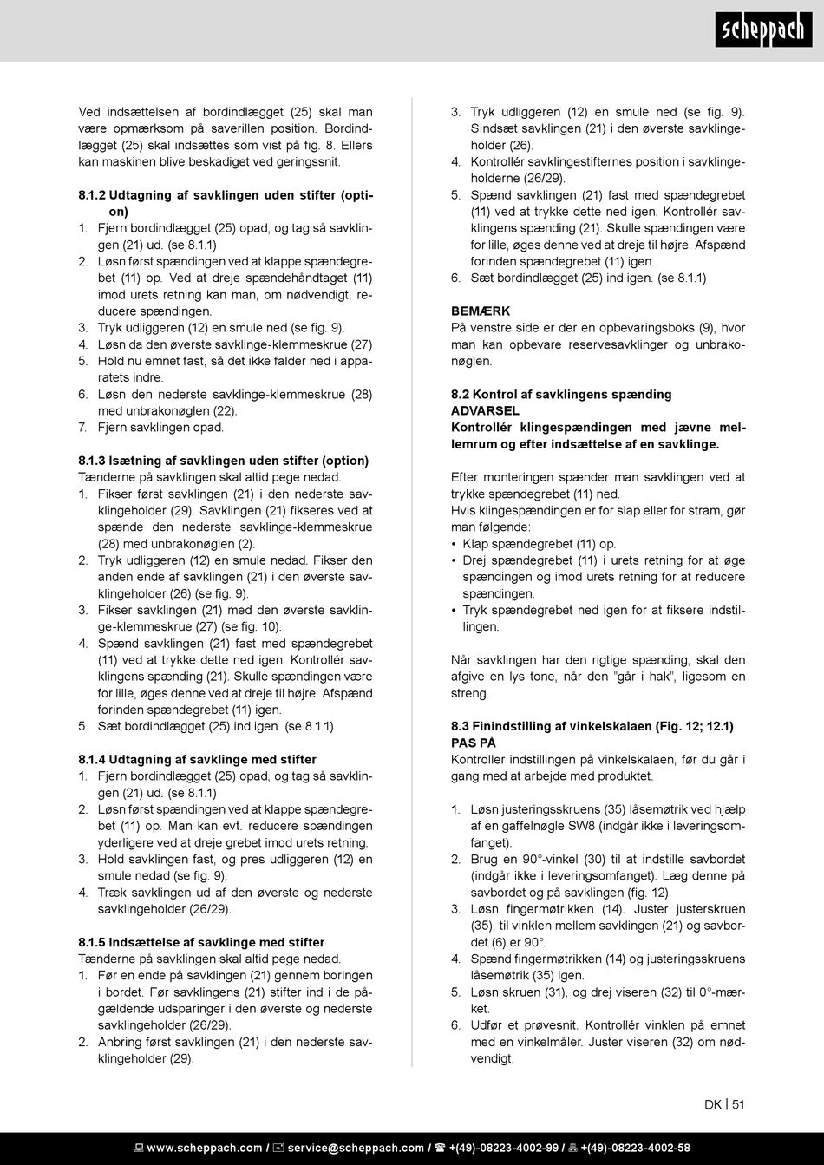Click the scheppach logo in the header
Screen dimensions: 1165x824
click(763, 30)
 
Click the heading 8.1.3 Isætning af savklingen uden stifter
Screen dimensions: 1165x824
click(223, 461)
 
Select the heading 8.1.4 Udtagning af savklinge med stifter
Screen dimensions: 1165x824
click(197, 760)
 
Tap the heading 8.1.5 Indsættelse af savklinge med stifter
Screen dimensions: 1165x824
click(201, 943)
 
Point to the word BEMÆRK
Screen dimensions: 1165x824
click(481, 311)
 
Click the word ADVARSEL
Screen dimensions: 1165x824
click(485, 411)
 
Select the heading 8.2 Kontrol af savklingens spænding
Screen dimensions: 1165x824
click(560, 395)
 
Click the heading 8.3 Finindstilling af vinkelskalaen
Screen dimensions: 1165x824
click(592, 727)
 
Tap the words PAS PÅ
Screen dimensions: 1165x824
click(473, 743)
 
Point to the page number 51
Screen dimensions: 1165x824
click(738, 1104)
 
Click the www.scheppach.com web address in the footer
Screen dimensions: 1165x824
click(205, 1149)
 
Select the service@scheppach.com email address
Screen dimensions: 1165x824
click(356, 1149)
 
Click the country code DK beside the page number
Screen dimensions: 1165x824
click(713, 1104)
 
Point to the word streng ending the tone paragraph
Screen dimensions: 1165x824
click(469, 694)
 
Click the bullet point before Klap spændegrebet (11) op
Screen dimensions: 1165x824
click(455, 545)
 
